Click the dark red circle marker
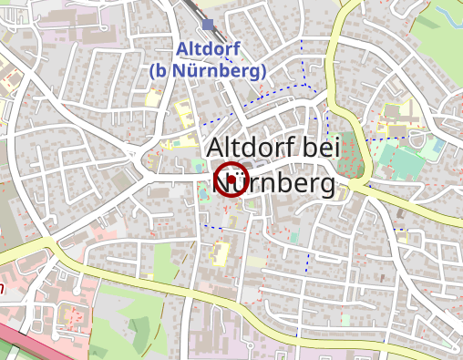[231, 180]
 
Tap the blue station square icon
[209, 25]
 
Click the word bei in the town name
[324, 147]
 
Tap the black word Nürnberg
[273, 185]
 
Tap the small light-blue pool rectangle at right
[438, 146]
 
